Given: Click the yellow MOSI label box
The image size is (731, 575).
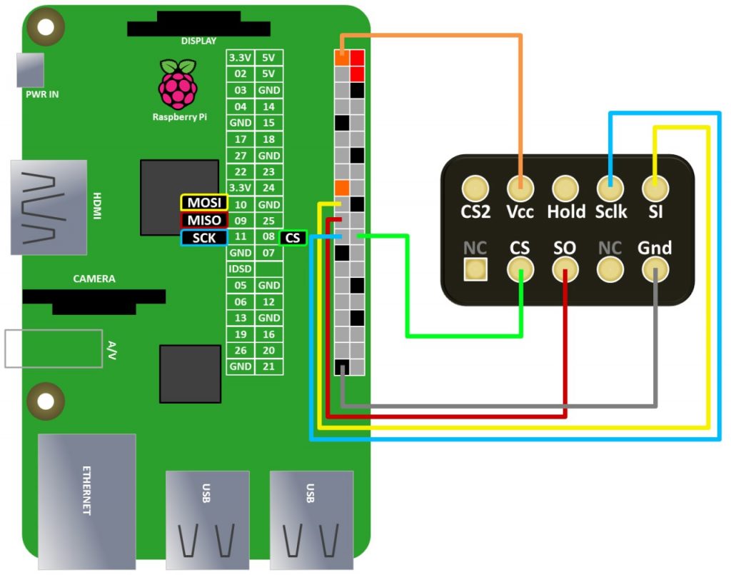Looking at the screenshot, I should [203, 204].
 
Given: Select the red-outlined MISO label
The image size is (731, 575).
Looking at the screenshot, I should [203, 220].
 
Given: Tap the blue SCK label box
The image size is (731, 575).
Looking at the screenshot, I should [203, 238].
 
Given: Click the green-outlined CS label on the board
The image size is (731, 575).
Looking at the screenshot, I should [293, 238].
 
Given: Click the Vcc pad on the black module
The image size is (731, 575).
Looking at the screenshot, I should [520, 189].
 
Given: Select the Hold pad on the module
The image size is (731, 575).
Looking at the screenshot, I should [565, 189].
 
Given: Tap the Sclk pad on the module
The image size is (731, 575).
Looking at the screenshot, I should [610, 189].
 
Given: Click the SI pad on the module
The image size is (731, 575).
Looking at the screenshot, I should [655, 189].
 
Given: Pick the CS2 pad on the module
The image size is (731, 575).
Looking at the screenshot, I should [475, 189].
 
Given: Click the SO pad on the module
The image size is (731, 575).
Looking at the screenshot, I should [565, 269].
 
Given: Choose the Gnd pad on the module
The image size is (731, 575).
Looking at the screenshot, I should [655, 269].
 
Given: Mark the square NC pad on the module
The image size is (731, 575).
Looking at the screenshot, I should [475, 269].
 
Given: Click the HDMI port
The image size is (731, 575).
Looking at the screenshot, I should [49, 207].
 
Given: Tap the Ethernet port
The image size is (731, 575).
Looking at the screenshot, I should [86, 500].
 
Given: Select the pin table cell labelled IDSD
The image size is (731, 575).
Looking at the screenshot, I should [240, 269].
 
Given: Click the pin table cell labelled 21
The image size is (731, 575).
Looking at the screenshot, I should [268, 366].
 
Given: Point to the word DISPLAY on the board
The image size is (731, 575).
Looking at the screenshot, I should [198, 41].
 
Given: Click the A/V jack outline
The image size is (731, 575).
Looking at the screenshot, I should [54, 348].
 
